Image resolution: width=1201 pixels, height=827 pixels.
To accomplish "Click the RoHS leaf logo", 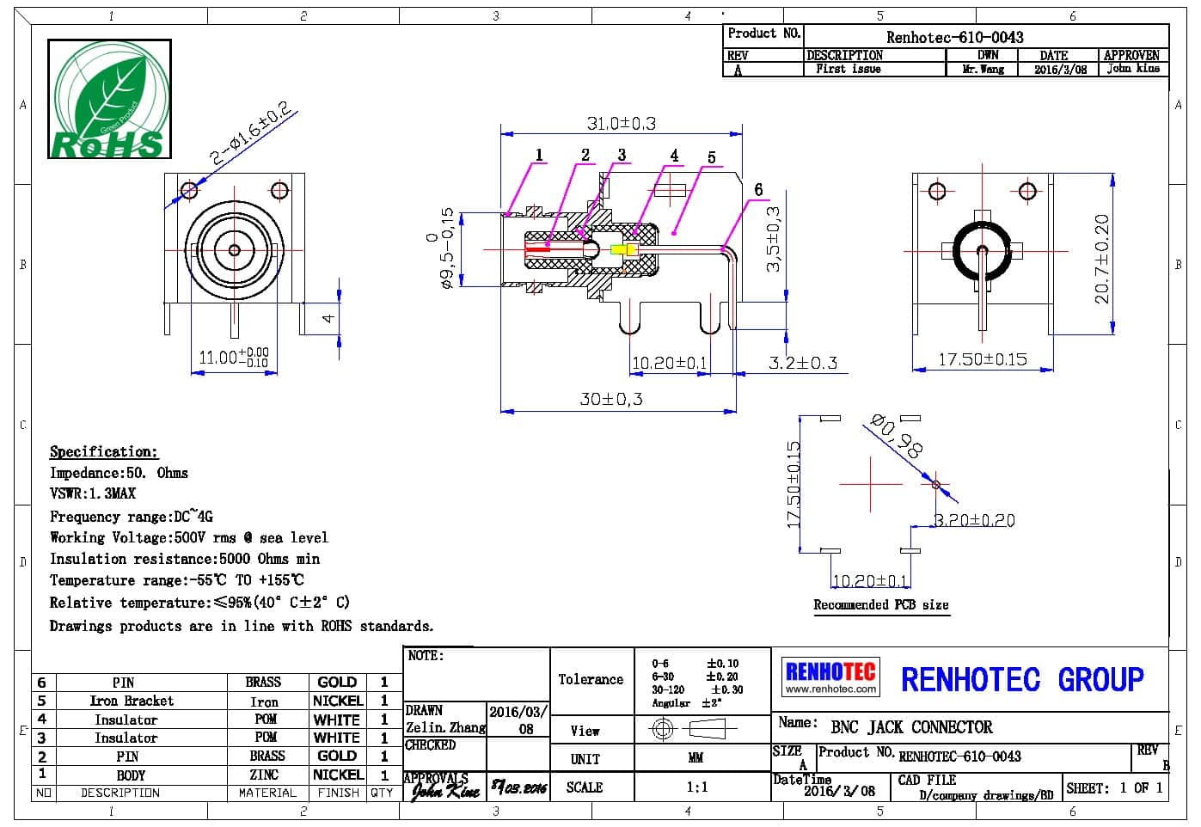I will [108, 100].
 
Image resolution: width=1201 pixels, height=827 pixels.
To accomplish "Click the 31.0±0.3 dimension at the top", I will [621, 124].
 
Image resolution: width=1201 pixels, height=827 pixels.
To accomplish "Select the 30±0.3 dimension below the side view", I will [610, 399].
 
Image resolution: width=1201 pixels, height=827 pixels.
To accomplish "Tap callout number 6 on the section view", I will [758, 190].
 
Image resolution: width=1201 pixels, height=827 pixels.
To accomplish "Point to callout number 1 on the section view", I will [539, 156].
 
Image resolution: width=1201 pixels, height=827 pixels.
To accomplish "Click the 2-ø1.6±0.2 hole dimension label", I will [251, 134].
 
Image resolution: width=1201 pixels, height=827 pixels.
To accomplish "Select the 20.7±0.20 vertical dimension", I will [1101, 258].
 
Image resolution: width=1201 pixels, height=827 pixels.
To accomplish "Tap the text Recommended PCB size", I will [880, 605].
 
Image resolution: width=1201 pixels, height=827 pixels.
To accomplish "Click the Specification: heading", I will [103, 452].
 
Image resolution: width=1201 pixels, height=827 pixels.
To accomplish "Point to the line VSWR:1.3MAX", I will [93, 493].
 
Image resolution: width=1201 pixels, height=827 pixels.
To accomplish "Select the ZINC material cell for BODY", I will [263, 775].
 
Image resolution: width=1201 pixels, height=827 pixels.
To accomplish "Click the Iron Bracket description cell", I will [131, 701].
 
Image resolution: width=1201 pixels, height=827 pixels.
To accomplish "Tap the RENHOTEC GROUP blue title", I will [1021, 680].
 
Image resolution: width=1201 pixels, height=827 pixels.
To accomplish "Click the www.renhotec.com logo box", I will [830, 677].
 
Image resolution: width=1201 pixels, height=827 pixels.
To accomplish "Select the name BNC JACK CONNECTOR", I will [910, 727].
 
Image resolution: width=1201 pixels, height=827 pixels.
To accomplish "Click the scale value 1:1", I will [697, 787].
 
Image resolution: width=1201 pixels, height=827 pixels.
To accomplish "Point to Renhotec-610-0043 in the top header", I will [954, 37].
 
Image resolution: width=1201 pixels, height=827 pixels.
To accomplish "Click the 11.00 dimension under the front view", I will [232, 357].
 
